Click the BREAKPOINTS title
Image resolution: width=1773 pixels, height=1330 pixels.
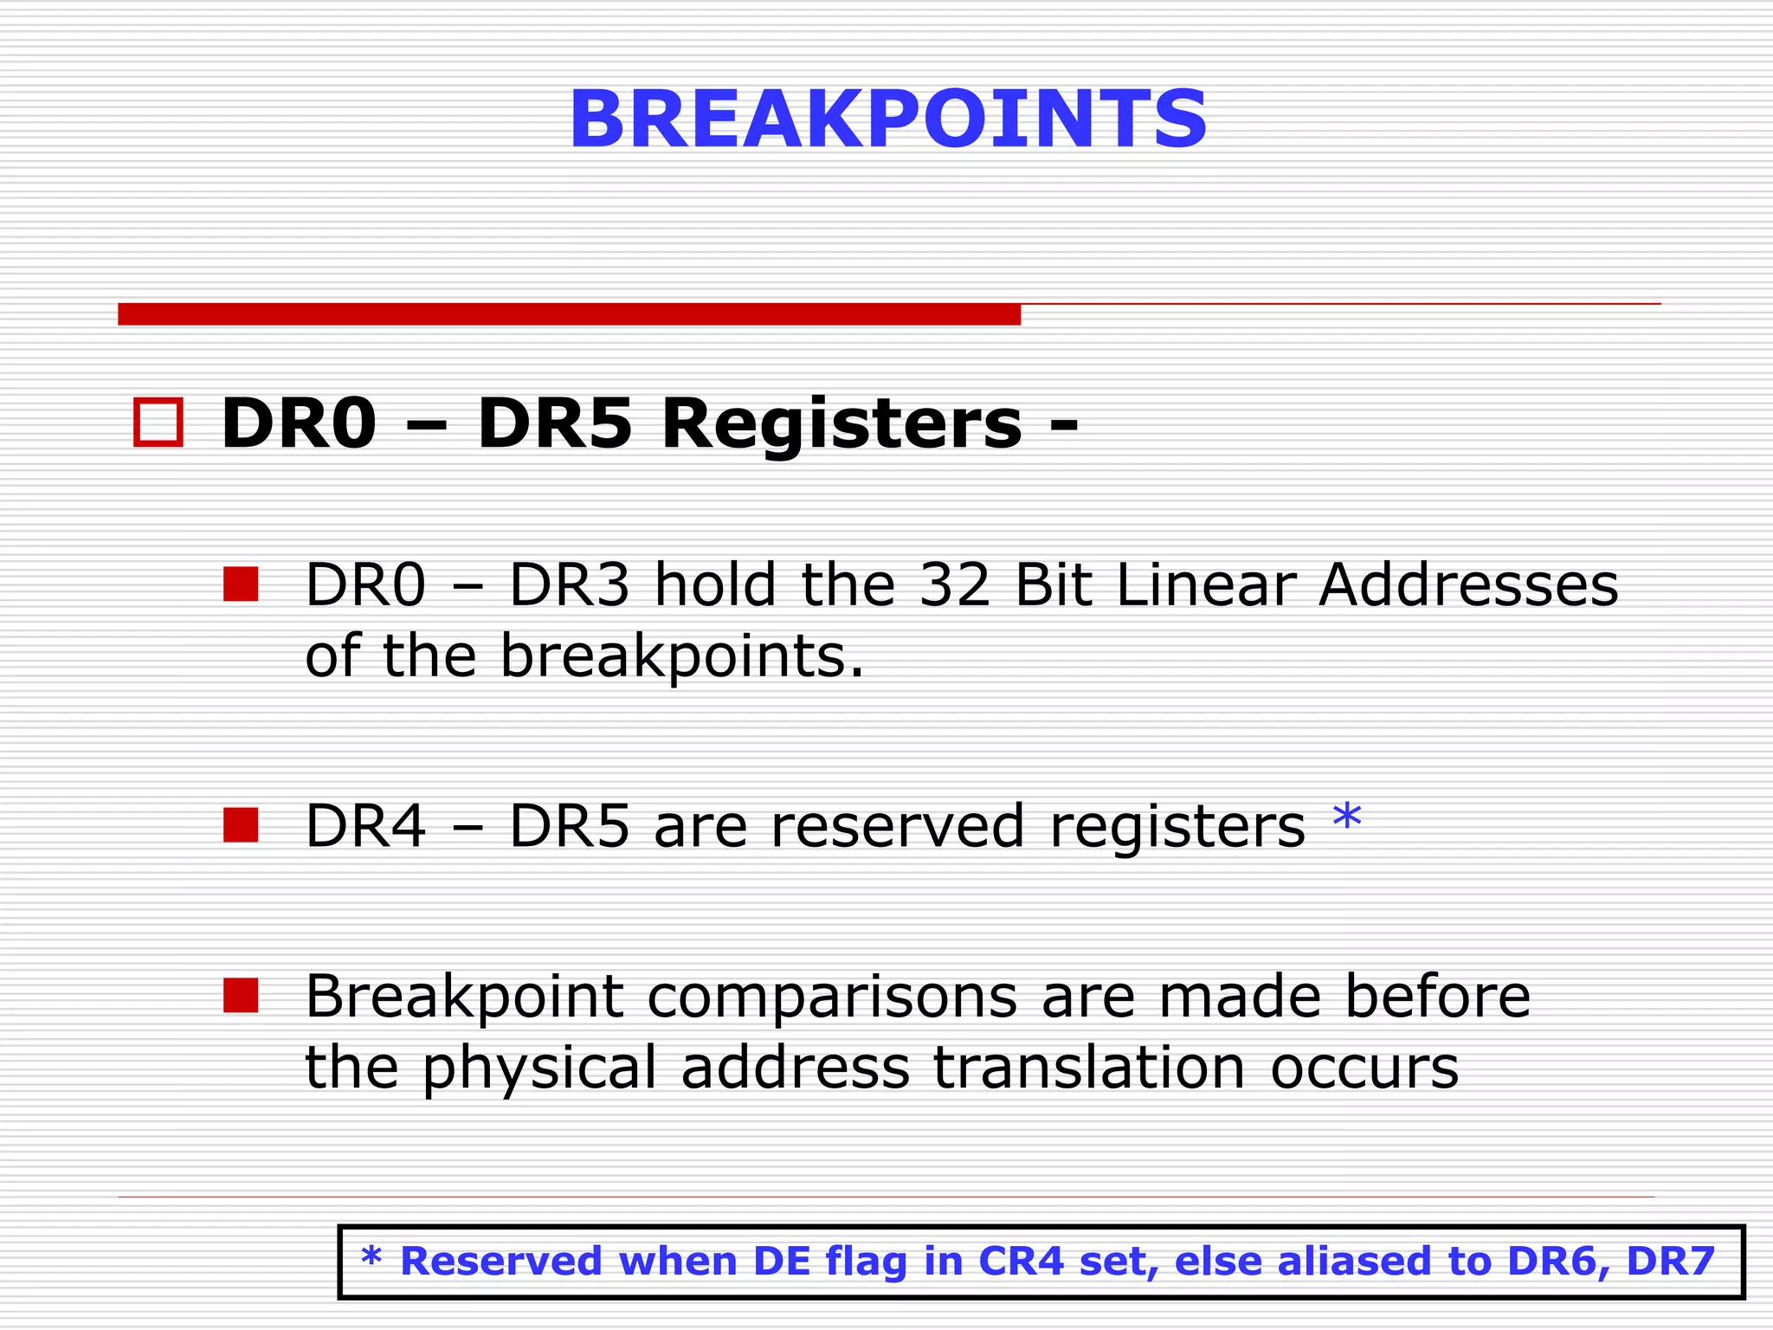(x=887, y=119)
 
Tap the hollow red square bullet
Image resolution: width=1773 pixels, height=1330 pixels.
(x=158, y=423)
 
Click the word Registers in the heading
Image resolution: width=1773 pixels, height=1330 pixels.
(x=841, y=423)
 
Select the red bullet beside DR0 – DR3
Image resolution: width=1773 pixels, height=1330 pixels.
(x=241, y=584)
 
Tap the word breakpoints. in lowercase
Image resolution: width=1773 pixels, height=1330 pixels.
(x=682, y=656)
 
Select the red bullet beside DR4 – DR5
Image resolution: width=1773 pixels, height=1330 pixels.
(x=241, y=825)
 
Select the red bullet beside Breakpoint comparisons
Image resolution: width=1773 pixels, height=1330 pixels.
(x=241, y=996)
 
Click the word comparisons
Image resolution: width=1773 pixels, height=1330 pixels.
(x=832, y=997)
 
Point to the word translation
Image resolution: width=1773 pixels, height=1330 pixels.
(x=1089, y=1067)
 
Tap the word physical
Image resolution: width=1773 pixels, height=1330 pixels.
(x=538, y=1069)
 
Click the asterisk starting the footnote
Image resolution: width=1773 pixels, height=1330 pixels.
(x=371, y=1257)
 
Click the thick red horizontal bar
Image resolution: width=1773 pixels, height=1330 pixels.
(x=569, y=314)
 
